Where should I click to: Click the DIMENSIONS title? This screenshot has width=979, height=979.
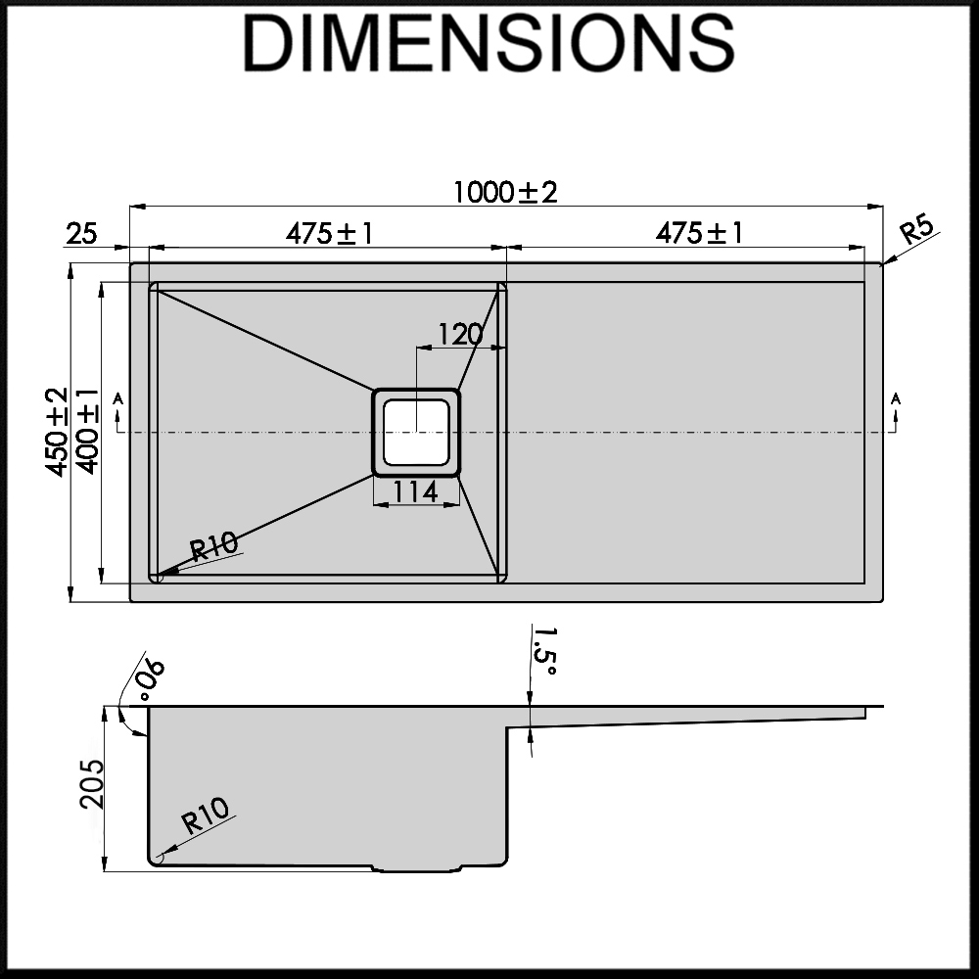[x=489, y=44]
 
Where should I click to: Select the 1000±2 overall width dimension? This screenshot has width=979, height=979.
[x=504, y=192]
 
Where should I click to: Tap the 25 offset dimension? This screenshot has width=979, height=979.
[x=81, y=234]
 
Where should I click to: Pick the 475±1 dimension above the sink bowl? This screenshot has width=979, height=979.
[x=329, y=234]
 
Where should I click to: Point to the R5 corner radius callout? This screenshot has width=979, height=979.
[x=918, y=232]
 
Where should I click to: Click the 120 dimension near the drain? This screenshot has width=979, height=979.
[x=460, y=335]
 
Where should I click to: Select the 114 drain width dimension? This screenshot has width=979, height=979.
[x=416, y=492]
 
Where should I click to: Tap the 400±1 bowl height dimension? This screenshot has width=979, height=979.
[x=87, y=432]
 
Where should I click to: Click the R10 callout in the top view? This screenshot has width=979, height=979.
[x=214, y=544]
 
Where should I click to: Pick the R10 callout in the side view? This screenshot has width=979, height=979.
[x=205, y=815]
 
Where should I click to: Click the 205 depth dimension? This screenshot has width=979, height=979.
[x=90, y=783]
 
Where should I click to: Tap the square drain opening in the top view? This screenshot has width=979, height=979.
[x=416, y=432]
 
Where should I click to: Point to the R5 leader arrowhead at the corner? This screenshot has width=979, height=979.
[x=884, y=261]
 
